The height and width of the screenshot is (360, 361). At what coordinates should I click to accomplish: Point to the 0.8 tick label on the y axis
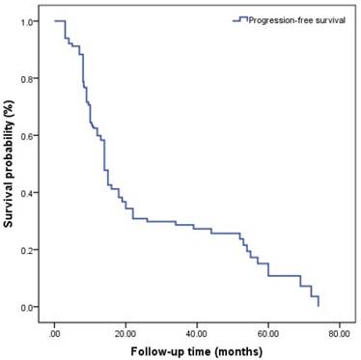pos(32,78)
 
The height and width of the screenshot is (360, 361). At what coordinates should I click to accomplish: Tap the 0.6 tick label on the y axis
pos(32,135)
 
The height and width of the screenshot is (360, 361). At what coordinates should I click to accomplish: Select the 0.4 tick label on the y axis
pos(32,193)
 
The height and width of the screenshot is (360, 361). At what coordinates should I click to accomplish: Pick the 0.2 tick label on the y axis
pos(32,250)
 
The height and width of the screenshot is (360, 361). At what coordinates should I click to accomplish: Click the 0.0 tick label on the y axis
pos(32,307)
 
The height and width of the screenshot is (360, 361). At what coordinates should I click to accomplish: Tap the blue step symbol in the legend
pos(242,19)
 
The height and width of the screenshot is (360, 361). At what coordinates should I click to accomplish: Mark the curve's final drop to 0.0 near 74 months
pos(318,301)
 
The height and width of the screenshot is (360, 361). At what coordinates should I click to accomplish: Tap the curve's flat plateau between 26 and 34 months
pos(160,222)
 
